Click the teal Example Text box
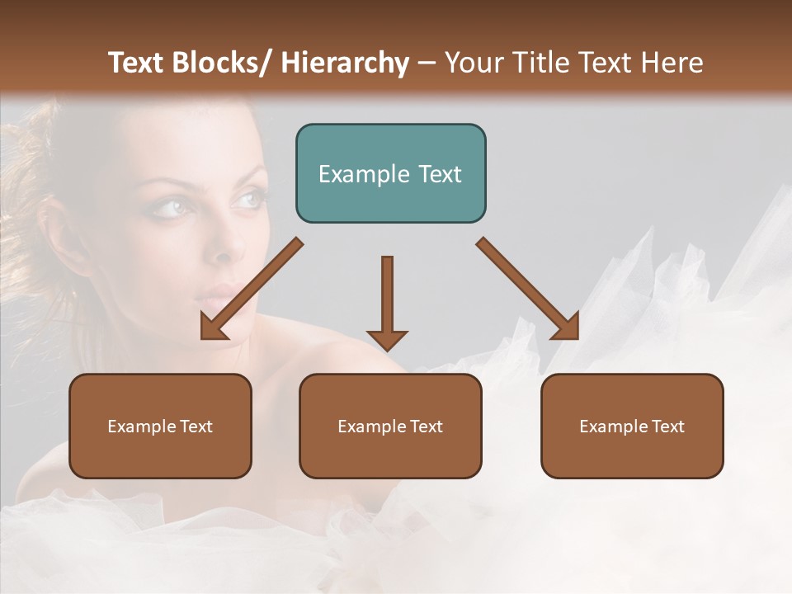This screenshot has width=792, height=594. [x=390, y=173]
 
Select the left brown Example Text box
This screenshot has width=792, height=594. [x=160, y=427]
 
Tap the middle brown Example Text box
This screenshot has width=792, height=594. [x=390, y=427]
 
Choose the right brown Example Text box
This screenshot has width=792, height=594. [x=632, y=427]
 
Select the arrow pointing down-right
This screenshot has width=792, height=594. [x=529, y=290]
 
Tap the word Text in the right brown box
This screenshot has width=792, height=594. [x=667, y=427]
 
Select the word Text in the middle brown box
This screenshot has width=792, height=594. [x=426, y=427]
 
